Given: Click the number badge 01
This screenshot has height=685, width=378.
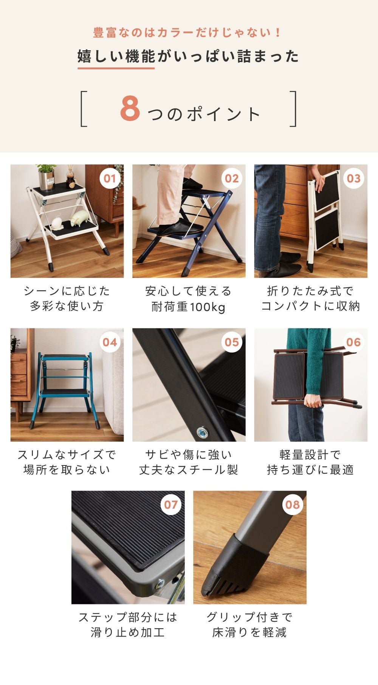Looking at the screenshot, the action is click(x=110, y=178).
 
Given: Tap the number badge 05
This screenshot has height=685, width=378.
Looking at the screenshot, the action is click(x=232, y=342).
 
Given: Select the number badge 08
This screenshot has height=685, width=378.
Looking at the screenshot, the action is click(x=293, y=504).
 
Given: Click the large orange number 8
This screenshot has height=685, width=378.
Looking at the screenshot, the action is click(x=130, y=109).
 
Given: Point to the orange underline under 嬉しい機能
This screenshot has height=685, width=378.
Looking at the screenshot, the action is click(x=116, y=68).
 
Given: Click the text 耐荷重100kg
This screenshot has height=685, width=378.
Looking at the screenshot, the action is click(x=188, y=307).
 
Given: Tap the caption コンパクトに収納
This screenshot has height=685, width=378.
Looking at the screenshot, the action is click(x=310, y=306).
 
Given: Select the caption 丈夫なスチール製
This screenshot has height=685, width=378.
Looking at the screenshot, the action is click(x=188, y=470).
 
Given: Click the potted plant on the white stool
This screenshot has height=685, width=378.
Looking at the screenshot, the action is click(x=47, y=177).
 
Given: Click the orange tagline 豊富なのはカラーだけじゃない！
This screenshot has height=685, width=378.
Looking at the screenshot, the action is click(x=188, y=33).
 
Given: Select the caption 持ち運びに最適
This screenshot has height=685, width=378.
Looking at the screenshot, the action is click(x=310, y=470).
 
